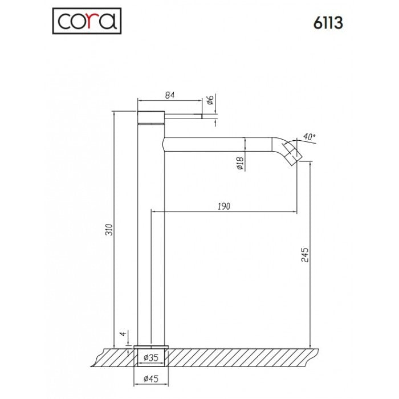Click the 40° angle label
(308, 137)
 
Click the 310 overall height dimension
(110, 229)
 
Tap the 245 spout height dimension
(305, 254)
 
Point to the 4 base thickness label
(121, 334)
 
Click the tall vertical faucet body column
(152, 239)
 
